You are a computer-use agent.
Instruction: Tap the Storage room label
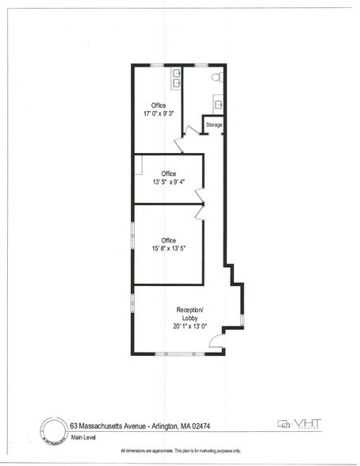[214, 125]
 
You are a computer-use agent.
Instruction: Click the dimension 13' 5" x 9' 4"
[168, 181]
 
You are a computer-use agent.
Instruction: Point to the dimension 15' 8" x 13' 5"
[168, 248]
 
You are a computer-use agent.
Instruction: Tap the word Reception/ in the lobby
[190, 310]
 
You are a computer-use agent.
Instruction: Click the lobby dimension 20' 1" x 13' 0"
[190, 326]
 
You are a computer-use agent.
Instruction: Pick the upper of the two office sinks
[177, 73]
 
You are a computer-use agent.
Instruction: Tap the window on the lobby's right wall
[242, 319]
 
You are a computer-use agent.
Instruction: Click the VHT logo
[297, 423]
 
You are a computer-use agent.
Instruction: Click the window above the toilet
[202, 63]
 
